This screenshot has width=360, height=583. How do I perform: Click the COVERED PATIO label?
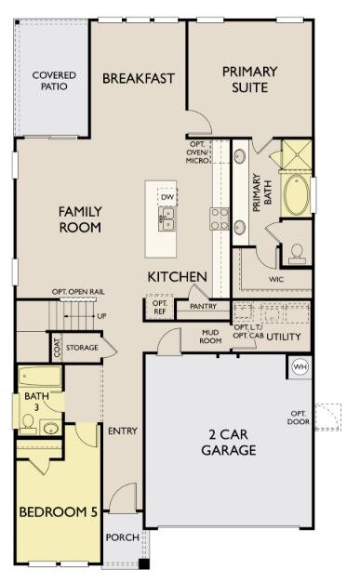coord(54,81)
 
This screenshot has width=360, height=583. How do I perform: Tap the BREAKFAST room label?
coord(139,78)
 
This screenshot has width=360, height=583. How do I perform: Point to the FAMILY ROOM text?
coord(80,219)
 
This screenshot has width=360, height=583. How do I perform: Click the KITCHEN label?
coord(177,277)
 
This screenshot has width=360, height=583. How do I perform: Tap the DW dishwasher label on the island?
coord(167,197)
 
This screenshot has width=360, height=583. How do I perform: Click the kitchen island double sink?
coord(167,219)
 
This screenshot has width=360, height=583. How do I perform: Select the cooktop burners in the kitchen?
coord(220,218)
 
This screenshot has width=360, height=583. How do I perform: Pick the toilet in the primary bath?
coord(297,252)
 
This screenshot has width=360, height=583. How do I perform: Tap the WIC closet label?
coord(275,277)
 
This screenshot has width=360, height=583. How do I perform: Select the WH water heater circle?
coord(300,365)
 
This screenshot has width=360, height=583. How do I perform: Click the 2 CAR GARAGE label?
coord(226,442)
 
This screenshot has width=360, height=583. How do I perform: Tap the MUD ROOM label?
coord(210,336)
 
